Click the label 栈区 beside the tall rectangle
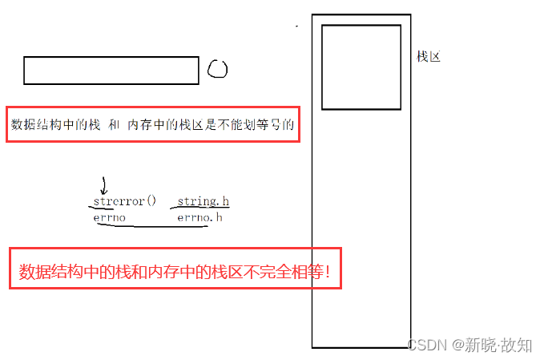(429, 57)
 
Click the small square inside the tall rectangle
(361, 67)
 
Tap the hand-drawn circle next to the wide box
(217, 70)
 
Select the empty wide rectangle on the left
(111, 71)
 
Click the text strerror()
(124, 201)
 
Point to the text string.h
(203, 201)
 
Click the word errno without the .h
(110, 217)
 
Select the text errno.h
(199, 217)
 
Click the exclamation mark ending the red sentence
(328, 273)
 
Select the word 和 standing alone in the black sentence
(114, 125)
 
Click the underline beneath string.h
(203, 209)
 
